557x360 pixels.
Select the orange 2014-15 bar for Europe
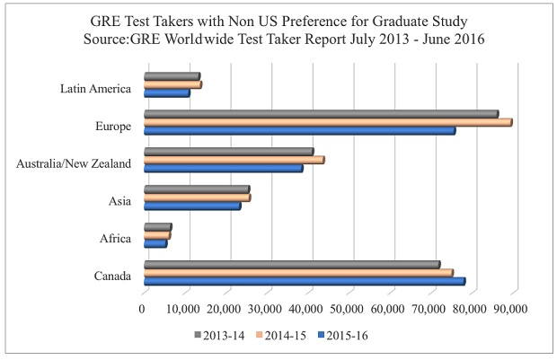tap(327, 122)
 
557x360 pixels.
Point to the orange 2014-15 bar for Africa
tap(156, 235)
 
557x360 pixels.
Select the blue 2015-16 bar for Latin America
tap(166, 92)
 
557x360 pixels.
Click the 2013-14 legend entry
tap(221, 336)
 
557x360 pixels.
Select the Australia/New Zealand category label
tap(75, 163)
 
